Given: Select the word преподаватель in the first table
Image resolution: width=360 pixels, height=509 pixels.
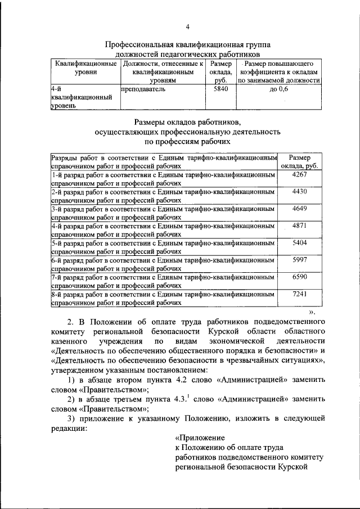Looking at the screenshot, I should pos(143,89).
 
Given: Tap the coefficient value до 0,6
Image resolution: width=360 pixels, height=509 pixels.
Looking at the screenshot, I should pos(278,89).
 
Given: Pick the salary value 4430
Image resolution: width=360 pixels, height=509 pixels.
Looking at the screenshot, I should pos(299,192).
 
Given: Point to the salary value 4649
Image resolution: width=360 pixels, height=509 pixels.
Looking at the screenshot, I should pos(299,209).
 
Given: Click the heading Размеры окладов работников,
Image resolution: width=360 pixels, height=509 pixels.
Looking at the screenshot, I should pos(187,122).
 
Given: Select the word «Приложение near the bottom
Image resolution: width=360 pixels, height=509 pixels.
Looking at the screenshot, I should pos(200,437).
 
